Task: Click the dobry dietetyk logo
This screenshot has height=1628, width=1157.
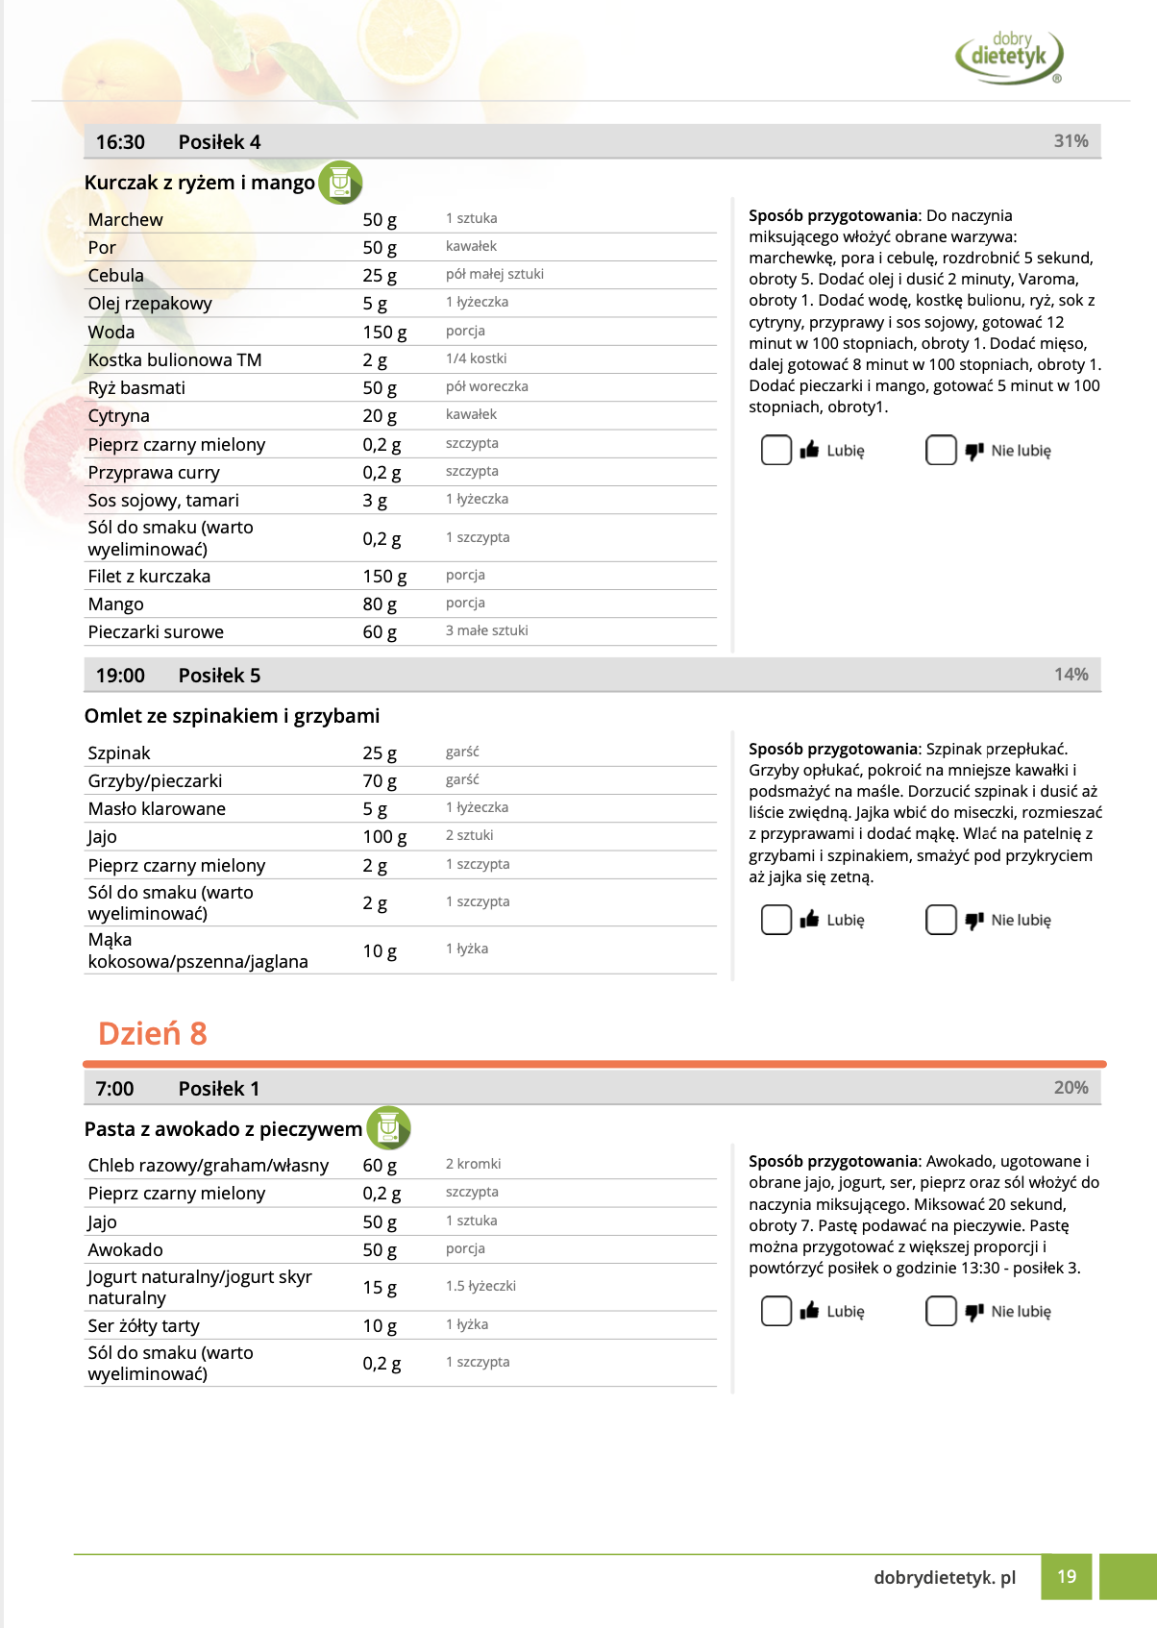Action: (1009, 56)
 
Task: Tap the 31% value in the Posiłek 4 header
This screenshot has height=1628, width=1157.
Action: (1071, 141)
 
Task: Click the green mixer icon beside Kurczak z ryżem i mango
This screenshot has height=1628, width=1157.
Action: (340, 183)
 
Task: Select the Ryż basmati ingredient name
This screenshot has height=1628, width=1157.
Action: (136, 388)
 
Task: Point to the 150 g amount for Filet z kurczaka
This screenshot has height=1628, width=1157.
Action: (384, 577)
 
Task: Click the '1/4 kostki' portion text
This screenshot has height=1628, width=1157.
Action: (476, 358)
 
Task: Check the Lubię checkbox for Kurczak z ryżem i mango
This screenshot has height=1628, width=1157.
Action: (775, 450)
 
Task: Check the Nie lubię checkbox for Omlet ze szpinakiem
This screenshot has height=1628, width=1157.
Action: (941, 920)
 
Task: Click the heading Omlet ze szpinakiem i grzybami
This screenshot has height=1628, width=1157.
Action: (232, 716)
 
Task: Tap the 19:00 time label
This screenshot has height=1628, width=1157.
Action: (120, 676)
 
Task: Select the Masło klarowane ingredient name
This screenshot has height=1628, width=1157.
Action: (157, 809)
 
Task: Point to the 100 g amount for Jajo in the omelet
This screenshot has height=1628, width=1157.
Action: (384, 837)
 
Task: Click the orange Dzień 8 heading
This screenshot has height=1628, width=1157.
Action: (152, 1033)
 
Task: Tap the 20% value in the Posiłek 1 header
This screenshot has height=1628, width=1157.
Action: (1071, 1088)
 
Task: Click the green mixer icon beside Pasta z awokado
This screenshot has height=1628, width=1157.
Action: (388, 1128)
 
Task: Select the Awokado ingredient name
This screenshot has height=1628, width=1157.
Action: (125, 1250)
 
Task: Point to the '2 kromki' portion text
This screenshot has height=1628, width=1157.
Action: (473, 1164)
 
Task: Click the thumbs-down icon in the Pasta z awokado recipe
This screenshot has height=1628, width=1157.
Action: (974, 1312)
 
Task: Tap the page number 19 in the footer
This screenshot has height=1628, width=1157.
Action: (1067, 1577)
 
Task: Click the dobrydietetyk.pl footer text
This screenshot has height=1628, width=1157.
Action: (944, 1578)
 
